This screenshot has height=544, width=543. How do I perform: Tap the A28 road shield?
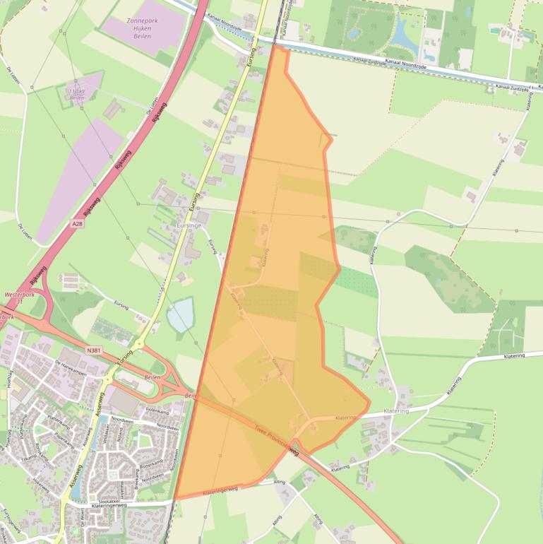(78, 223)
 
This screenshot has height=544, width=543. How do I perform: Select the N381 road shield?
(94, 349)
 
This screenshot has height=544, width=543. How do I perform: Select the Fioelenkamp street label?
(158, 410)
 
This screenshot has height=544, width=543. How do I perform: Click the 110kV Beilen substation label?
(76, 95)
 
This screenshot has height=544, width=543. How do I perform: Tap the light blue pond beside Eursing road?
(180, 314)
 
